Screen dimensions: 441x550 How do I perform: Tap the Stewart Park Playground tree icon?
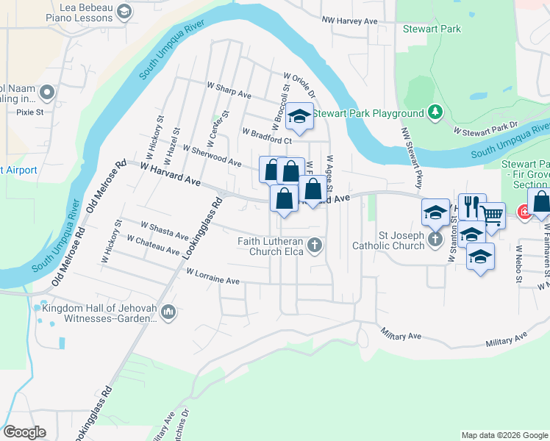point(436,112)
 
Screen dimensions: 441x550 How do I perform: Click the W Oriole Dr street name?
point(299,85)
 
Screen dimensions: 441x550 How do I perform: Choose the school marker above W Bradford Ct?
point(299,116)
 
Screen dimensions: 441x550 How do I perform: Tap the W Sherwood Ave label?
point(212,155)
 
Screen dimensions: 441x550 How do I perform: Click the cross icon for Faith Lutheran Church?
point(315,245)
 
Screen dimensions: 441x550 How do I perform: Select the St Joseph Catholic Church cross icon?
point(435,239)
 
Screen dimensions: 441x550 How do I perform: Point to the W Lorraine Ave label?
point(213,276)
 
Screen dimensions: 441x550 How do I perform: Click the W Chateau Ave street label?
point(153,245)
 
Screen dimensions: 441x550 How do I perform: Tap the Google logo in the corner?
point(24,432)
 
